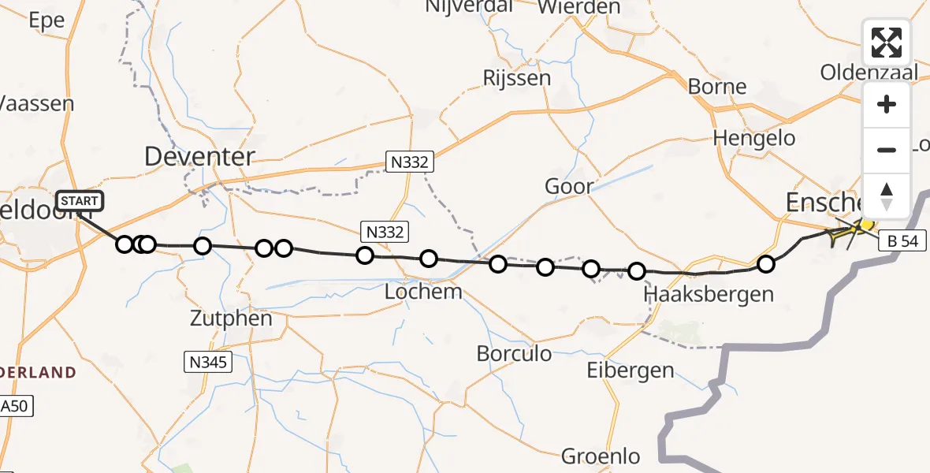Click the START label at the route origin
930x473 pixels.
(x=80, y=201)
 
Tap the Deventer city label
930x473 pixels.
(x=199, y=157)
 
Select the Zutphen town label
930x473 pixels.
(x=232, y=319)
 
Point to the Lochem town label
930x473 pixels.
(x=423, y=292)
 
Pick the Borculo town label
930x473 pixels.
(x=514, y=353)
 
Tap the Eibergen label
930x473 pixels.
(x=630, y=370)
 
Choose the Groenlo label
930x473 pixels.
(x=601, y=456)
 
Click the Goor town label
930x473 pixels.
(x=569, y=187)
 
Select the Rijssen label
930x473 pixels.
(x=517, y=78)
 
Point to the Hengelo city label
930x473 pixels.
(x=753, y=138)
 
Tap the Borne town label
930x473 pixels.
(x=716, y=86)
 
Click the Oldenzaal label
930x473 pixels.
(x=869, y=73)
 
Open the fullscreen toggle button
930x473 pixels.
(x=887, y=43)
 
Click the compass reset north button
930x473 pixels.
(x=887, y=196)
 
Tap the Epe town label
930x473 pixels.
(x=45, y=21)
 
